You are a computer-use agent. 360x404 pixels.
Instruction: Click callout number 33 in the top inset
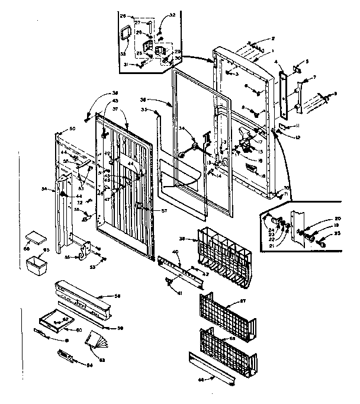pos(123,53)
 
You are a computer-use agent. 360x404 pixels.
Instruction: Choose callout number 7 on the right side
pos(314,77)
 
